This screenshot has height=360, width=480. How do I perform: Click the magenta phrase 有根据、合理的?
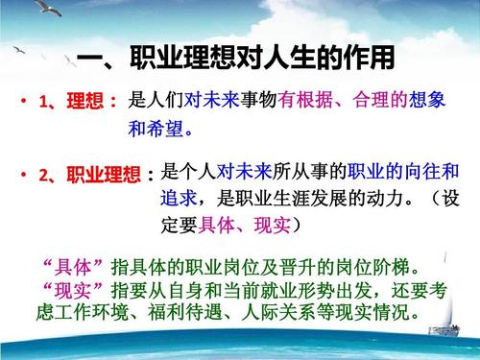coord(347,100)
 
